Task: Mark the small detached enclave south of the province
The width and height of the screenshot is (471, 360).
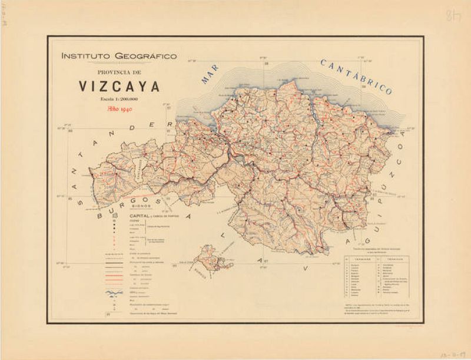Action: tap(209, 259)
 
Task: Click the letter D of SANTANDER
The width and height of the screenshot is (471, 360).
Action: tap(151, 126)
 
